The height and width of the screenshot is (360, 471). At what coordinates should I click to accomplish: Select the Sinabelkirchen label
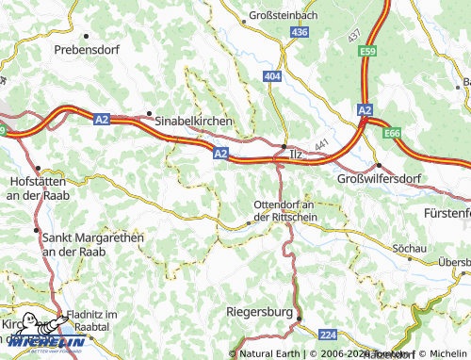coord(193,121)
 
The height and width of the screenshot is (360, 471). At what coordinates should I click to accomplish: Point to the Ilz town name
coord(297,154)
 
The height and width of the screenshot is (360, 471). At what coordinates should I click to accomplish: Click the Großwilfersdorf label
coord(377,178)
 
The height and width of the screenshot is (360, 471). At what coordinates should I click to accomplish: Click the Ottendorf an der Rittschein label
coord(286,210)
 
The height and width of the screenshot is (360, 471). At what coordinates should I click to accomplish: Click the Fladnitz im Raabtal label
coord(90,319)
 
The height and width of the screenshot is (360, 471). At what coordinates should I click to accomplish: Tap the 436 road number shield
coord(299,32)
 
